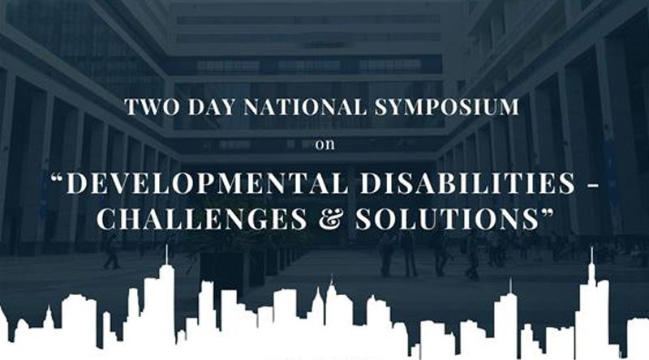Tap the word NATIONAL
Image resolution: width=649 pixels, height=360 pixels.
tap(306, 107)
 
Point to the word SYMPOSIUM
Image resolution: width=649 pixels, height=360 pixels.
tap(447, 107)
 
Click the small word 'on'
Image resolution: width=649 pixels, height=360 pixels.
tap(325, 145)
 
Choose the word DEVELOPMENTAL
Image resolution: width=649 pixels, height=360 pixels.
tap(207, 183)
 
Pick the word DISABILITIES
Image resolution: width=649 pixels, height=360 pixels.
tap(468, 183)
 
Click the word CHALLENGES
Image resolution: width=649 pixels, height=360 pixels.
tap(201, 218)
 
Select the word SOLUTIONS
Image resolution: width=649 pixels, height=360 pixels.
tap(447, 218)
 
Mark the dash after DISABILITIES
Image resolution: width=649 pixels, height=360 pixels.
tap(593, 185)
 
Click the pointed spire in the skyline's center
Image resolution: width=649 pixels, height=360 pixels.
tap(331, 279)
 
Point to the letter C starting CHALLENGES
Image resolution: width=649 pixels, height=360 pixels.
tap(106, 218)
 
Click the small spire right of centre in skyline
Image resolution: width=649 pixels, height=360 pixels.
tap(510, 285)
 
